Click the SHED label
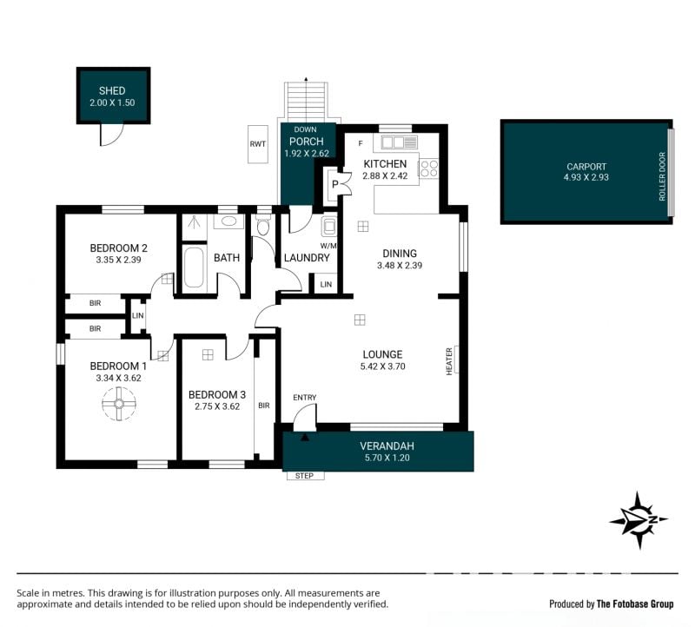tap(112, 91)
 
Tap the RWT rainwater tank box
tap(257, 144)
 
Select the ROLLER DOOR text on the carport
tap(662, 176)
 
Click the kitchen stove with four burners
tap(428, 168)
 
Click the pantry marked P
tap(335, 184)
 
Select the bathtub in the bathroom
tap(194, 267)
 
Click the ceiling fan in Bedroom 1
tap(119, 403)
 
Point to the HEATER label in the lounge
tap(449, 361)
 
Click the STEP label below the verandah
tap(305, 476)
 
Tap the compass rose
tap(639, 520)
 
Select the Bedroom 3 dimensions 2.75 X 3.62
tap(217, 406)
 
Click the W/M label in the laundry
tap(328, 246)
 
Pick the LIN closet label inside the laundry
tap(326, 285)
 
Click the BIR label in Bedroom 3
tap(264, 406)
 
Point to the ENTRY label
tap(305, 398)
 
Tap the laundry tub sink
tap(328, 227)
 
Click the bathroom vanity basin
tap(228, 221)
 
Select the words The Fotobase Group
tap(635, 604)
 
